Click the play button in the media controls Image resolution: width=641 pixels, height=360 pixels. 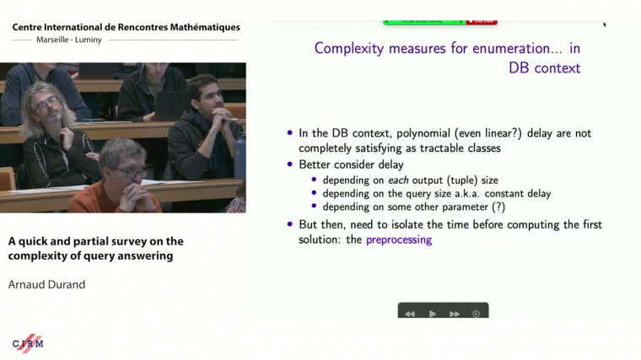[433, 314]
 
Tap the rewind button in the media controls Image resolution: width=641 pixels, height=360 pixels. [410, 314]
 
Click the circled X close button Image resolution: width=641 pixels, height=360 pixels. [477, 314]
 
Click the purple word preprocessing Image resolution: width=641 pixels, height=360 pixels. [398, 239]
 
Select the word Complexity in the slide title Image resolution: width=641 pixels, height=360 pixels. [347, 48]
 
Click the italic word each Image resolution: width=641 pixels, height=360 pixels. [398, 179]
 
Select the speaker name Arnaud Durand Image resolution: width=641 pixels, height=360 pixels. [47, 284]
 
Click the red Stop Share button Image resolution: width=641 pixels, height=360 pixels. [483, 21]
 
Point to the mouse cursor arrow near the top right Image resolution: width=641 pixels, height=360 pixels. [604, 24]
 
